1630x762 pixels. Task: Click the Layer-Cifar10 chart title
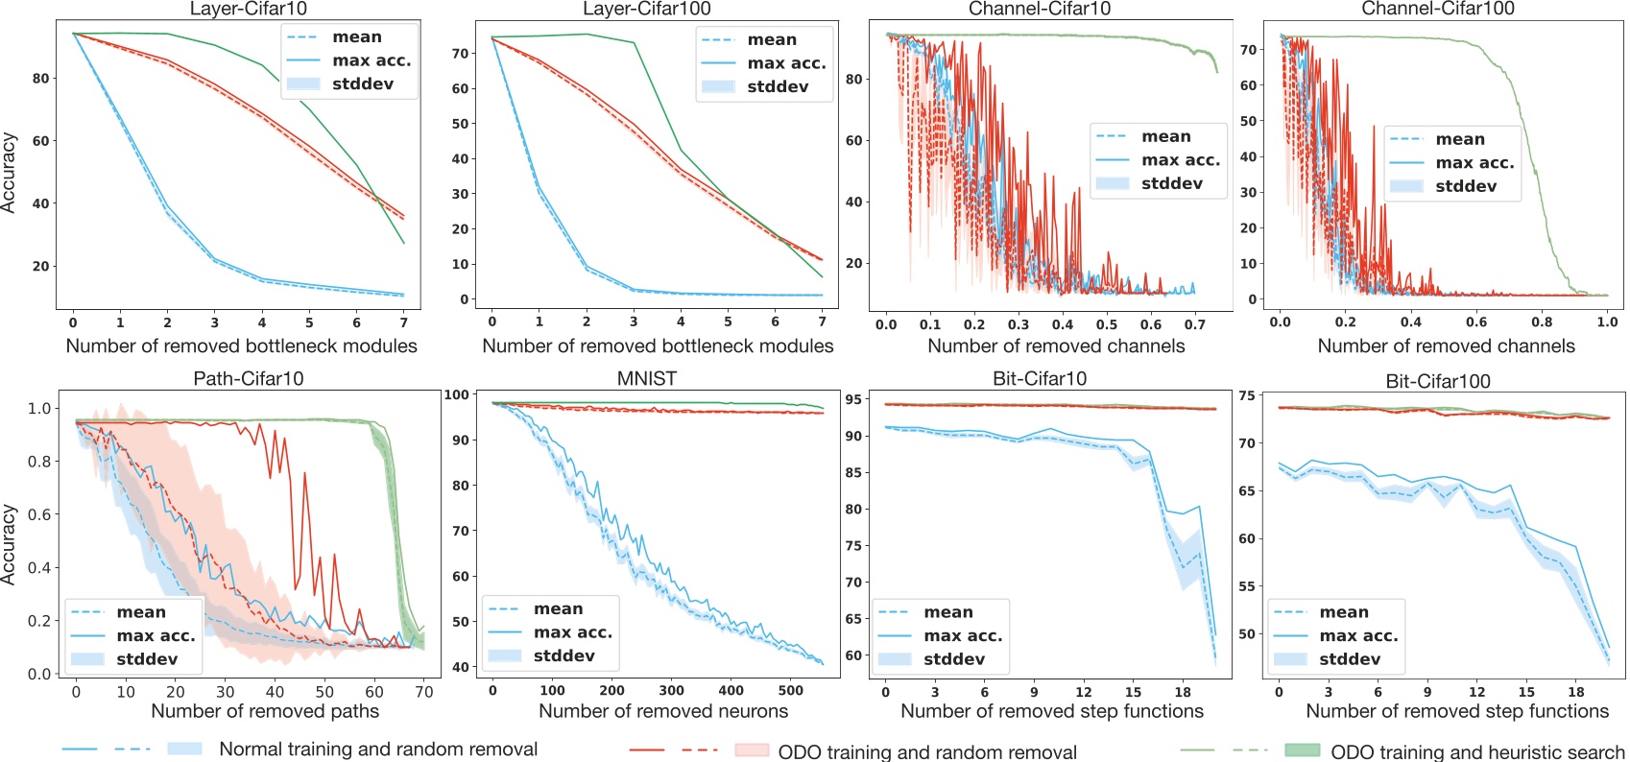pos(248,9)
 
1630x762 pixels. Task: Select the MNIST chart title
pos(646,379)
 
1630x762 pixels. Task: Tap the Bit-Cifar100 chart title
pos(1437,381)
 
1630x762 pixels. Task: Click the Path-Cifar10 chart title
pos(248,379)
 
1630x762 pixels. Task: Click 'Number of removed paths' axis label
pos(265,711)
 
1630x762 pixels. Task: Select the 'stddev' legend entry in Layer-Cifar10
pos(362,84)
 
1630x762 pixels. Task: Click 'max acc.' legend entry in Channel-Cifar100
pos(1474,163)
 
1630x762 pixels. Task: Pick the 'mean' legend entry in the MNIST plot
pos(558,609)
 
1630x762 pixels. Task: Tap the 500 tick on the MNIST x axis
pos(791,690)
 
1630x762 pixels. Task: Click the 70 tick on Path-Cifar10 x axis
pos(424,691)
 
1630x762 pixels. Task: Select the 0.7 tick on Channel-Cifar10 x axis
pos(1194,324)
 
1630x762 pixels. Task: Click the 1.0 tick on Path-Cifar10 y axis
pos(39,409)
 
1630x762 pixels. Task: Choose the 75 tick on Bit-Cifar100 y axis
pos(1247,395)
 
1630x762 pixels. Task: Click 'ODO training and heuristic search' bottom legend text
pos(1476,752)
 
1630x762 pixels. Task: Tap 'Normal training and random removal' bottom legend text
pos(378,750)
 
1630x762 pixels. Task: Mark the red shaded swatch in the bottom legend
pos(751,750)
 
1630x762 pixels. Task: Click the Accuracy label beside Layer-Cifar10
pos(9,173)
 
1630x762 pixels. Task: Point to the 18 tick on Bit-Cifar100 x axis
pos(1575,691)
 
